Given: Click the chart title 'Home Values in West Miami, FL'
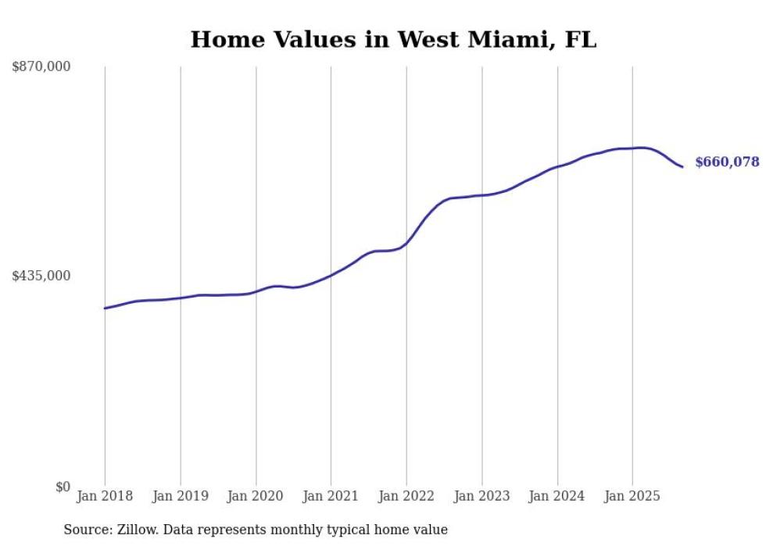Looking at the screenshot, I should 393,39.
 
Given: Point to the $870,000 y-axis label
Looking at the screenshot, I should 41,67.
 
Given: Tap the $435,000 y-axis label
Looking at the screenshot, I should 41,276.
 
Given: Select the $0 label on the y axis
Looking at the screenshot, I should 63,487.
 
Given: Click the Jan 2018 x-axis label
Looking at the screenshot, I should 105,496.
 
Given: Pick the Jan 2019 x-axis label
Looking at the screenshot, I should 181,496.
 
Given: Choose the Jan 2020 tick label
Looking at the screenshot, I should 256,496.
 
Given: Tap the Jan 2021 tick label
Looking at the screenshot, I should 331,496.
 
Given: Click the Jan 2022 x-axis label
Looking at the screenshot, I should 406,496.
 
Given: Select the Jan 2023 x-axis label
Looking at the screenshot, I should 481,496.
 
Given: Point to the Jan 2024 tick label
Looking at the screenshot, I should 557,496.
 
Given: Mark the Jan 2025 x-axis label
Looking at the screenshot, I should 632,496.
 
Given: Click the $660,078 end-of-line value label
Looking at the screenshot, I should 726,162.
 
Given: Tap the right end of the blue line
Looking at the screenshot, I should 682,166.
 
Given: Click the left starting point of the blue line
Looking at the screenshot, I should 105,308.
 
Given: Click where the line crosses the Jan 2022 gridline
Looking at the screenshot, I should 406,243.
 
